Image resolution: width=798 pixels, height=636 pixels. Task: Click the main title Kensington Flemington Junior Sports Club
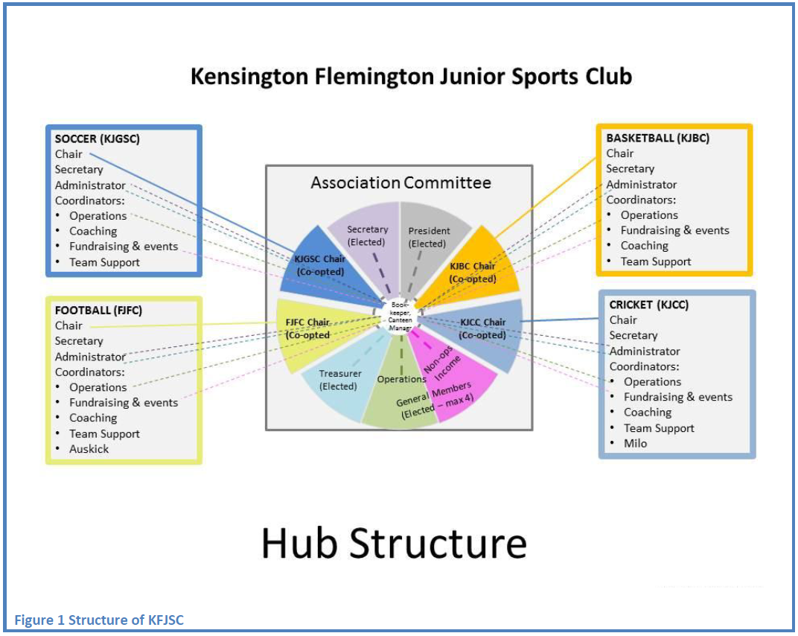411,77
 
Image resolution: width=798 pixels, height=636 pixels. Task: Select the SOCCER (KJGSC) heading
98,139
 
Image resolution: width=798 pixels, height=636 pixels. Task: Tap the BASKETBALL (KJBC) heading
657,138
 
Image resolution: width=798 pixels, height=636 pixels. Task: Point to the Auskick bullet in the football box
89,449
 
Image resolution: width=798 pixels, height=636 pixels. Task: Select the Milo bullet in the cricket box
635,443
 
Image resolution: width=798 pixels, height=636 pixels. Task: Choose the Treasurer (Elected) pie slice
338,380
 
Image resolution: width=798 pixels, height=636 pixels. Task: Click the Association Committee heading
400,182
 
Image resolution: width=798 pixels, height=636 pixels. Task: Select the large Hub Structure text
394,543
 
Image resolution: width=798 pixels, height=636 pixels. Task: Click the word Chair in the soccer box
68,154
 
